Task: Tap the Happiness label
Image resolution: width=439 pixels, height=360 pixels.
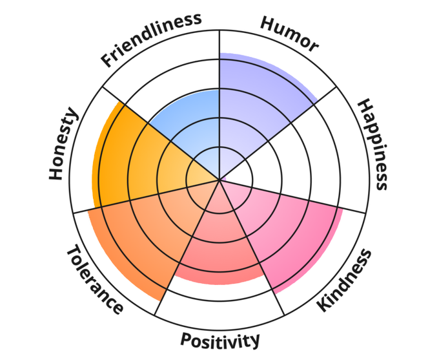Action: click(x=373, y=143)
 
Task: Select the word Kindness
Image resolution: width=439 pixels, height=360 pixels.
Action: click(x=345, y=280)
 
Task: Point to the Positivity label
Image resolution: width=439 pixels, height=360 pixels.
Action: click(x=220, y=339)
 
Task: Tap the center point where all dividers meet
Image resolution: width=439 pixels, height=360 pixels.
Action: click(x=219, y=180)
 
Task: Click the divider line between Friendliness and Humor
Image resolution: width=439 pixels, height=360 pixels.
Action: click(x=219, y=78)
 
